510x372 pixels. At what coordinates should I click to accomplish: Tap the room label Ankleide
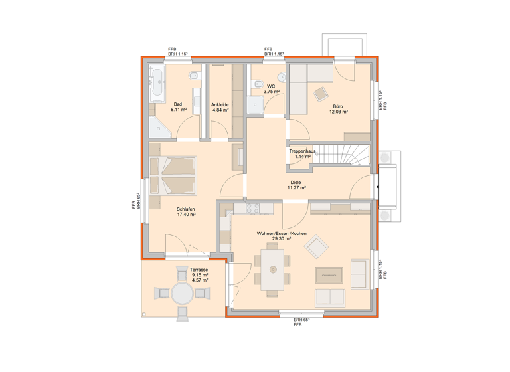(x=220, y=104)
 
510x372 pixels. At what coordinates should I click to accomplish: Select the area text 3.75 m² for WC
(x=271, y=92)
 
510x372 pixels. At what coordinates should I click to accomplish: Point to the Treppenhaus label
(x=302, y=151)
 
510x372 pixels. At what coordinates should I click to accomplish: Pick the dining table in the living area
(x=273, y=269)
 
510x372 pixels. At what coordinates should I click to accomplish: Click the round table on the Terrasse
(x=181, y=292)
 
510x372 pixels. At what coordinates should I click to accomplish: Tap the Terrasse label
(x=199, y=270)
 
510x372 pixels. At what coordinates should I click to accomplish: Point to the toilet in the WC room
(x=256, y=83)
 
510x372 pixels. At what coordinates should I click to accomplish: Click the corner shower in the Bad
(x=159, y=126)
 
